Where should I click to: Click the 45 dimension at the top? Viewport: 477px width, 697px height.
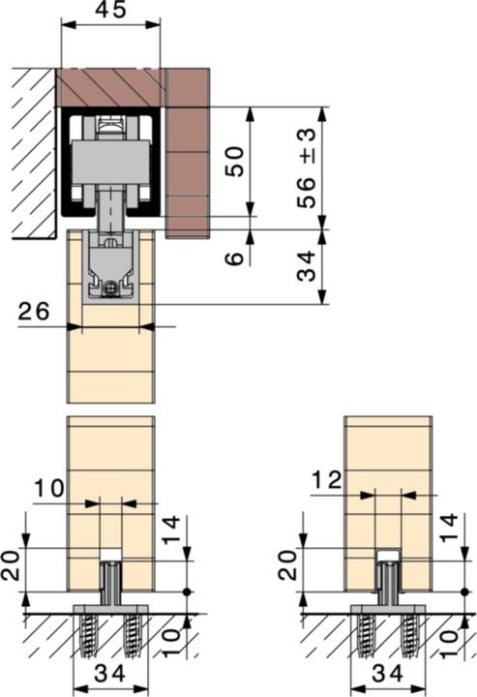pos(110,11)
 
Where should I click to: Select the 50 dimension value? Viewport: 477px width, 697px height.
pos(234,161)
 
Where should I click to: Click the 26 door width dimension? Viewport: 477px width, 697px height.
pos(34,312)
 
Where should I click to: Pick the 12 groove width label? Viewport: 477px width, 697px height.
pos(328,478)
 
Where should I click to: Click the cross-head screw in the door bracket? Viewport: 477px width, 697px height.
pos(115,288)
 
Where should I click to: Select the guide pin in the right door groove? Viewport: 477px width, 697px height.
pos(387,580)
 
